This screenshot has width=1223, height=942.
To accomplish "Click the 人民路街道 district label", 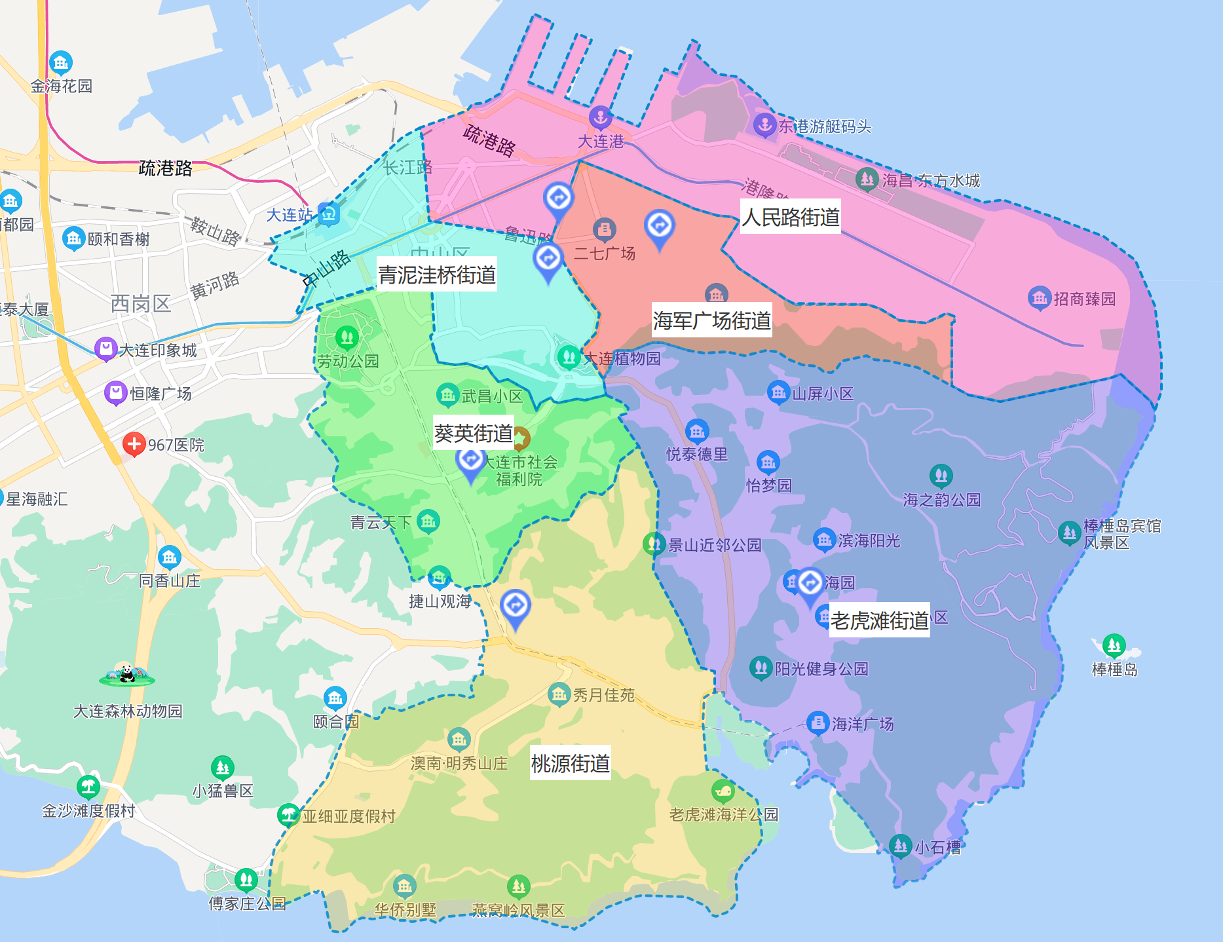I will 791,217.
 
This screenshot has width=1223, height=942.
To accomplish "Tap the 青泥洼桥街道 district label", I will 437,274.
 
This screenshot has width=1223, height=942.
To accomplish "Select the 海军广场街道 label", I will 712,320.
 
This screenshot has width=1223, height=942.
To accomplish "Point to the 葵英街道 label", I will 473,433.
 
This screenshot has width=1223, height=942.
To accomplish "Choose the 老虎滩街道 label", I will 880,620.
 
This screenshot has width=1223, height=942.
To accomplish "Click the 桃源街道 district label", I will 570,763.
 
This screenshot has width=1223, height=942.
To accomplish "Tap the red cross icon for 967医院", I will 134,444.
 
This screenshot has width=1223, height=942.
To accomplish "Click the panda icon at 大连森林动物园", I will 127,675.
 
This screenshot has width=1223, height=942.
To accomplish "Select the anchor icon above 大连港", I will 600,117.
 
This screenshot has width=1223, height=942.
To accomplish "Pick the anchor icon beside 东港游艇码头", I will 764,124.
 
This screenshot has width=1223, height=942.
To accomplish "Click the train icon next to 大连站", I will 328,214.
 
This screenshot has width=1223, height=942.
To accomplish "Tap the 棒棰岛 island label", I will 1114,669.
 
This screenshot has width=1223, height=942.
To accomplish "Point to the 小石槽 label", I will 937,848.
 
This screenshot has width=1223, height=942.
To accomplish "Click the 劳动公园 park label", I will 348,361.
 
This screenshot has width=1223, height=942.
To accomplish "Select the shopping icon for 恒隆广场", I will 115,393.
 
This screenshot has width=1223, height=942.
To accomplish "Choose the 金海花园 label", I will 62,86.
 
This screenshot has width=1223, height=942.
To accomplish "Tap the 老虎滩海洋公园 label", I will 723,814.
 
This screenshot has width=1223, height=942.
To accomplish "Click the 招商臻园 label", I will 1084,299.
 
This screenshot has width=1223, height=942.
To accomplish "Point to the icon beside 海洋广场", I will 818,723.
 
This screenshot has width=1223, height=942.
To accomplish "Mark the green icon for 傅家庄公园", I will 246,878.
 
